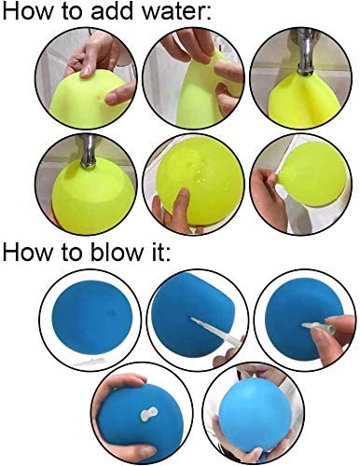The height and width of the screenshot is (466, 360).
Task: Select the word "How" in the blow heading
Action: [x=27, y=252]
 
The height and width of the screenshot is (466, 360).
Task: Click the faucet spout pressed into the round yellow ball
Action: [x=89, y=151]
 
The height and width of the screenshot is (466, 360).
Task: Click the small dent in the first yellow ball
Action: [x=100, y=98]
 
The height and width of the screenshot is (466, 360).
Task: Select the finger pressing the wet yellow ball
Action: [x=179, y=205]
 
